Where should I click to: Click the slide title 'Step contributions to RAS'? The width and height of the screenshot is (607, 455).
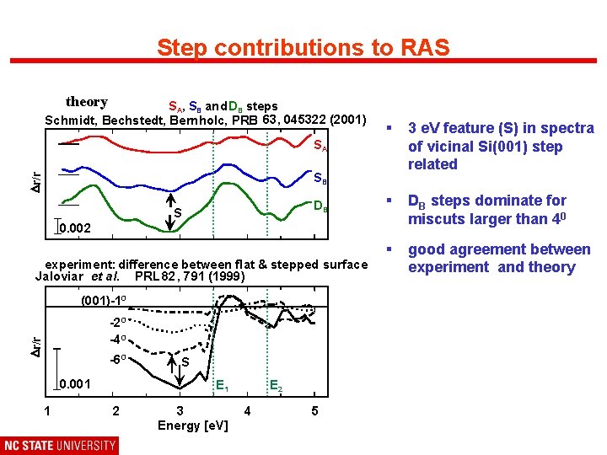[303, 47]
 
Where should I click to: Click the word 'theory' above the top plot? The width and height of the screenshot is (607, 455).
[87, 102]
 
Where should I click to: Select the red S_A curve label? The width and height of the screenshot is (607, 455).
[320, 146]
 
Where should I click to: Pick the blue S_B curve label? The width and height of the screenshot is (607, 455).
[320, 179]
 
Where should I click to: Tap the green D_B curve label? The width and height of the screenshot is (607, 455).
[320, 206]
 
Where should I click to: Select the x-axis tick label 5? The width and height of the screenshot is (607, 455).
[314, 411]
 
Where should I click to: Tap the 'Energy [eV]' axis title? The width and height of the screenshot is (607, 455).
[192, 425]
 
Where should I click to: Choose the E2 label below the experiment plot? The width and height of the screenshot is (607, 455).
[275, 387]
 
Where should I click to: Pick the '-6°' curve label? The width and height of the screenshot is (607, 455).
[119, 360]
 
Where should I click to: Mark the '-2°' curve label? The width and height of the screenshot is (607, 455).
[118, 322]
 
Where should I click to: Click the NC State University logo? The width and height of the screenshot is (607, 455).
[60, 445]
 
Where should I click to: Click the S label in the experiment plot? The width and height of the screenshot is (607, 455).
[185, 363]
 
